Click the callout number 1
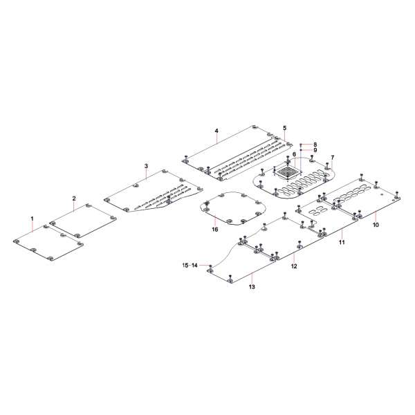33,219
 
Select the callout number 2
74,199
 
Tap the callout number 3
146,166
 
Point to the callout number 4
216,131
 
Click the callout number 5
284,128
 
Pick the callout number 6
294,154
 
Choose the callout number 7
333,158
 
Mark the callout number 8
315,145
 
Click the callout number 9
315,150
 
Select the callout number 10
376,225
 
